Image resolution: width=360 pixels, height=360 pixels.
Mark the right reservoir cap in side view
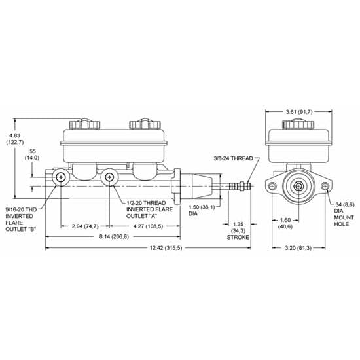pyautogui.click(x=142, y=124)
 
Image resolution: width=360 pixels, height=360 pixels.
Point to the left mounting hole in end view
pyautogui.click(x=272, y=188)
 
